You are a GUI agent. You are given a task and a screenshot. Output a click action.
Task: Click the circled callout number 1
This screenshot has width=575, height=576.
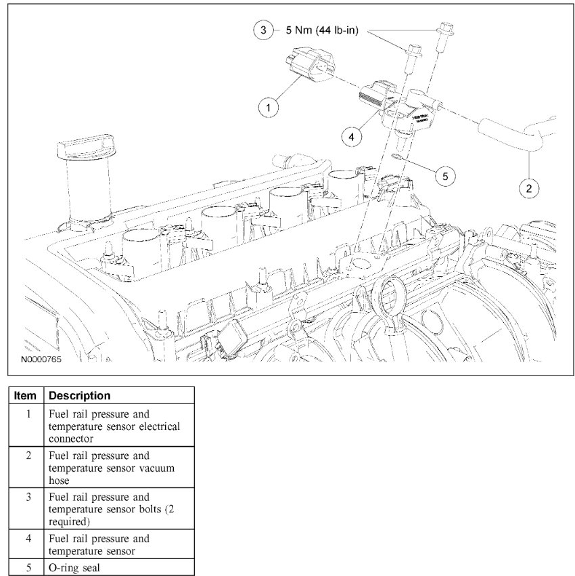(x=269, y=108)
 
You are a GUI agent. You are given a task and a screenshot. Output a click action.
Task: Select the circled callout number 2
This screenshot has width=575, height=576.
(x=528, y=187)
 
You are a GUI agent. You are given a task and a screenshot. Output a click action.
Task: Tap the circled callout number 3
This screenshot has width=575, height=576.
(x=263, y=30)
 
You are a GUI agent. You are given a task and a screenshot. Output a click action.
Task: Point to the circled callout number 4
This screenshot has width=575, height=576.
(x=351, y=136)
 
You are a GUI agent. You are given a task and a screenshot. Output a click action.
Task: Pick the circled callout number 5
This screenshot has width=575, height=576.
(x=444, y=175)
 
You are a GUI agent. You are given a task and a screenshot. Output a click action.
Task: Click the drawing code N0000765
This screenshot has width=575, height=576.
(x=41, y=360)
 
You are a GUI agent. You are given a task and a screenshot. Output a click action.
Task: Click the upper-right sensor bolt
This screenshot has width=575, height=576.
(x=445, y=33)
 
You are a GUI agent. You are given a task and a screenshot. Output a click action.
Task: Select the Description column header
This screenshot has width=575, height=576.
(x=80, y=395)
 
